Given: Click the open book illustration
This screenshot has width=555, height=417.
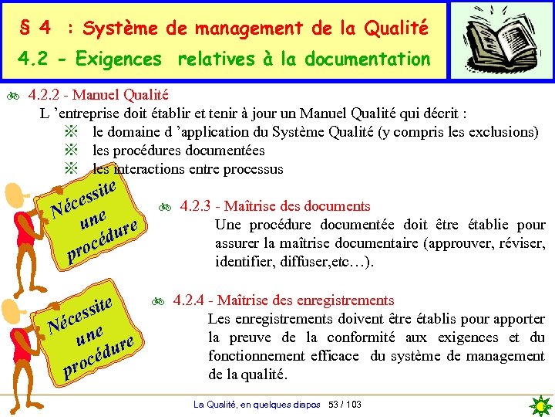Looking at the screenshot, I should [502, 39].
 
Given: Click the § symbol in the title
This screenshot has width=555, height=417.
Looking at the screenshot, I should [25, 29].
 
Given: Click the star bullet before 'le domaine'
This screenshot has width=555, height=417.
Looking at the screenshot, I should [72, 132].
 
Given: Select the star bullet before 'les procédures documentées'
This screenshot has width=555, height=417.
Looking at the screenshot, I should [72, 151].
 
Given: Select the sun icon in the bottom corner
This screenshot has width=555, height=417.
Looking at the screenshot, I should [542, 405].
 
